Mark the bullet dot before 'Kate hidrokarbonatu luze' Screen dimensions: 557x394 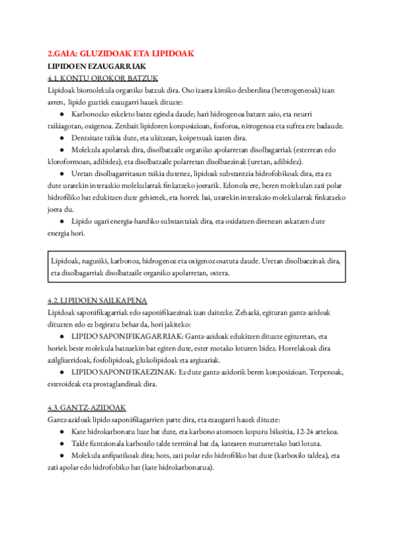[61, 432]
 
